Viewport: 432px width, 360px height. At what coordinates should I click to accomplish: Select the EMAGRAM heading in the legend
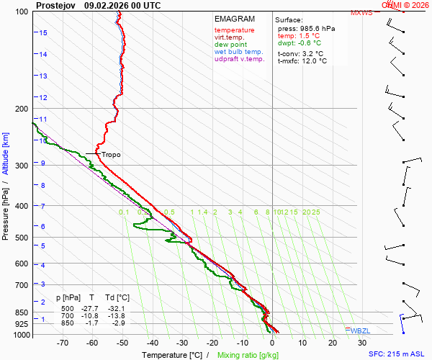pos(234,18)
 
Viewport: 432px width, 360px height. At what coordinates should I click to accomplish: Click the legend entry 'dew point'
pos(230,45)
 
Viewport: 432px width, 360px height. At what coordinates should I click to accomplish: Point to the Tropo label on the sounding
pos(111,155)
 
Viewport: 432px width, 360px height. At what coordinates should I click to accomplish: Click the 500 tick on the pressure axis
pos(21,238)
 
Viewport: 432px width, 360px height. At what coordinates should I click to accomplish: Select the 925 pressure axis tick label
pos(21,325)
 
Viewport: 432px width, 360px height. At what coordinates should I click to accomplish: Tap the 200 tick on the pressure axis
pos(21,109)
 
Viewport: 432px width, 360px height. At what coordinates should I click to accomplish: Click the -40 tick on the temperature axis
pos(153,343)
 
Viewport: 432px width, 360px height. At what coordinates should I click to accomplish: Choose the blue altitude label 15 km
pos(44,33)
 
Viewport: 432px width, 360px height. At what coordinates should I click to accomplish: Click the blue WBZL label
pos(361,330)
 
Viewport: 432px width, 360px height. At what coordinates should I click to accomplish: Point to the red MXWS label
pos(361,13)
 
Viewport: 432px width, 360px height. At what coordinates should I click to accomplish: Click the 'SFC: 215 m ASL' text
pos(396,354)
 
